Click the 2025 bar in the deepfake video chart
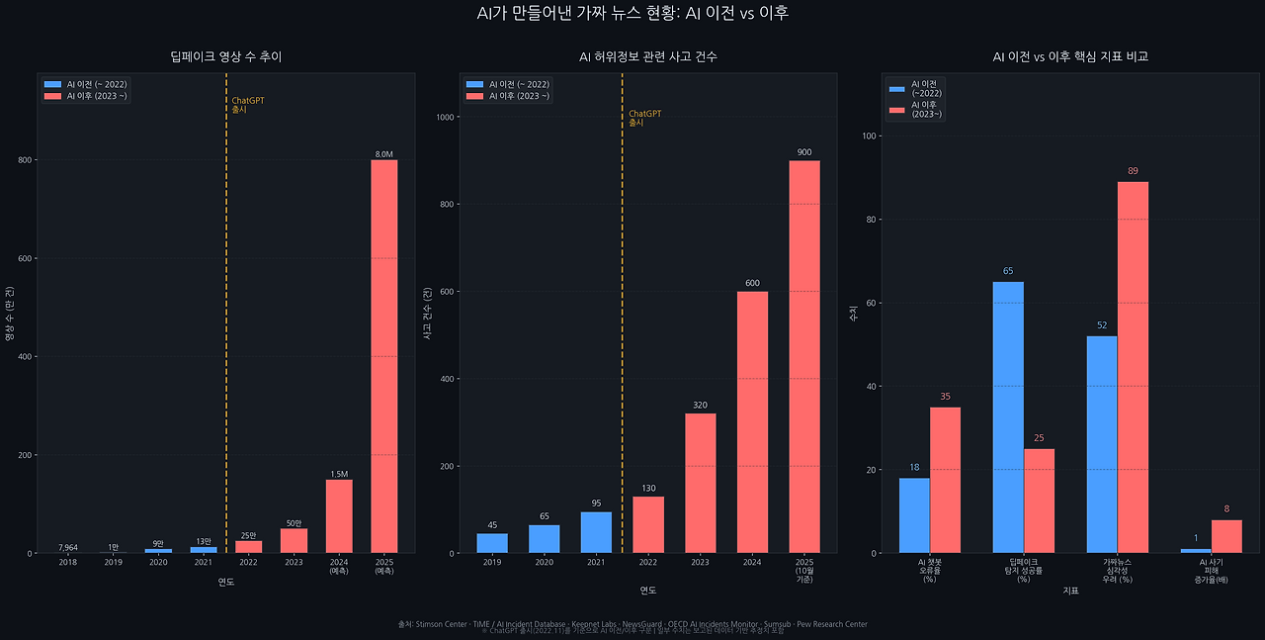pyautogui.click(x=383, y=356)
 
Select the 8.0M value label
pyautogui.click(x=383, y=154)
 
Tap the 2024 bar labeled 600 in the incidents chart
pyautogui.click(x=752, y=422)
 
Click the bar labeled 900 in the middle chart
pyautogui.click(x=803, y=356)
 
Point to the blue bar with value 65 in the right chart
pyautogui.click(x=1008, y=417)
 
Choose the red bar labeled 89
pyautogui.click(x=1133, y=367)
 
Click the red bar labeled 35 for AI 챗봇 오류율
pyautogui.click(x=945, y=480)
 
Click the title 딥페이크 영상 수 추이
pyautogui.click(x=225, y=57)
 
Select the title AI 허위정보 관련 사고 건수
pyautogui.click(x=648, y=57)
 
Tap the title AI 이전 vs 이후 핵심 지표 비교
pyautogui.click(x=1070, y=57)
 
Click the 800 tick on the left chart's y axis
pyautogui.click(x=26, y=160)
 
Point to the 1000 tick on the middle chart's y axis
pyautogui.click(x=445, y=118)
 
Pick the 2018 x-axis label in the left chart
pyautogui.click(x=67, y=563)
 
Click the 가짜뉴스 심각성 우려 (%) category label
pyautogui.click(x=1117, y=571)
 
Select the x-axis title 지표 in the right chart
pyautogui.click(x=1070, y=592)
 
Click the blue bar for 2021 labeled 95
pyautogui.click(x=596, y=532)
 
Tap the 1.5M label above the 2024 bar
pyautogui.click(x=339, y=474)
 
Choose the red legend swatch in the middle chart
pyautogui.click(x=474, y=96)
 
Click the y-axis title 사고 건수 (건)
pyautogui.click(x=427, y=314)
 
